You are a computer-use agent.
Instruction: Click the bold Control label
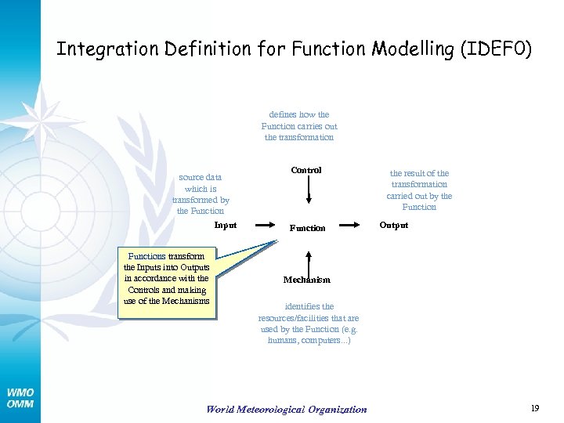pos(306,170)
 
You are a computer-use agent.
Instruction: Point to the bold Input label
pos(226,225)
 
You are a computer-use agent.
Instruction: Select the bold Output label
pos(394,225)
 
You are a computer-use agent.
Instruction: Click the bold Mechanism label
pos(307,280)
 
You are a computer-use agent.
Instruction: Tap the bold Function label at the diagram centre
pos(308,228)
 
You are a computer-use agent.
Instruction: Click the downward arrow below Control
pos(309,190)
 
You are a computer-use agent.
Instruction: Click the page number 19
pos(535,408)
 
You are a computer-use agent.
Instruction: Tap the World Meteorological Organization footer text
pos(286,409)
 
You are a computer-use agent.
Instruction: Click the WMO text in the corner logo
pos(20,392)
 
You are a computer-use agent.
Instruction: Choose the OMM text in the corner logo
pos(20,403)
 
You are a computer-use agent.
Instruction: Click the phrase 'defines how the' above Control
pos(299,114)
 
